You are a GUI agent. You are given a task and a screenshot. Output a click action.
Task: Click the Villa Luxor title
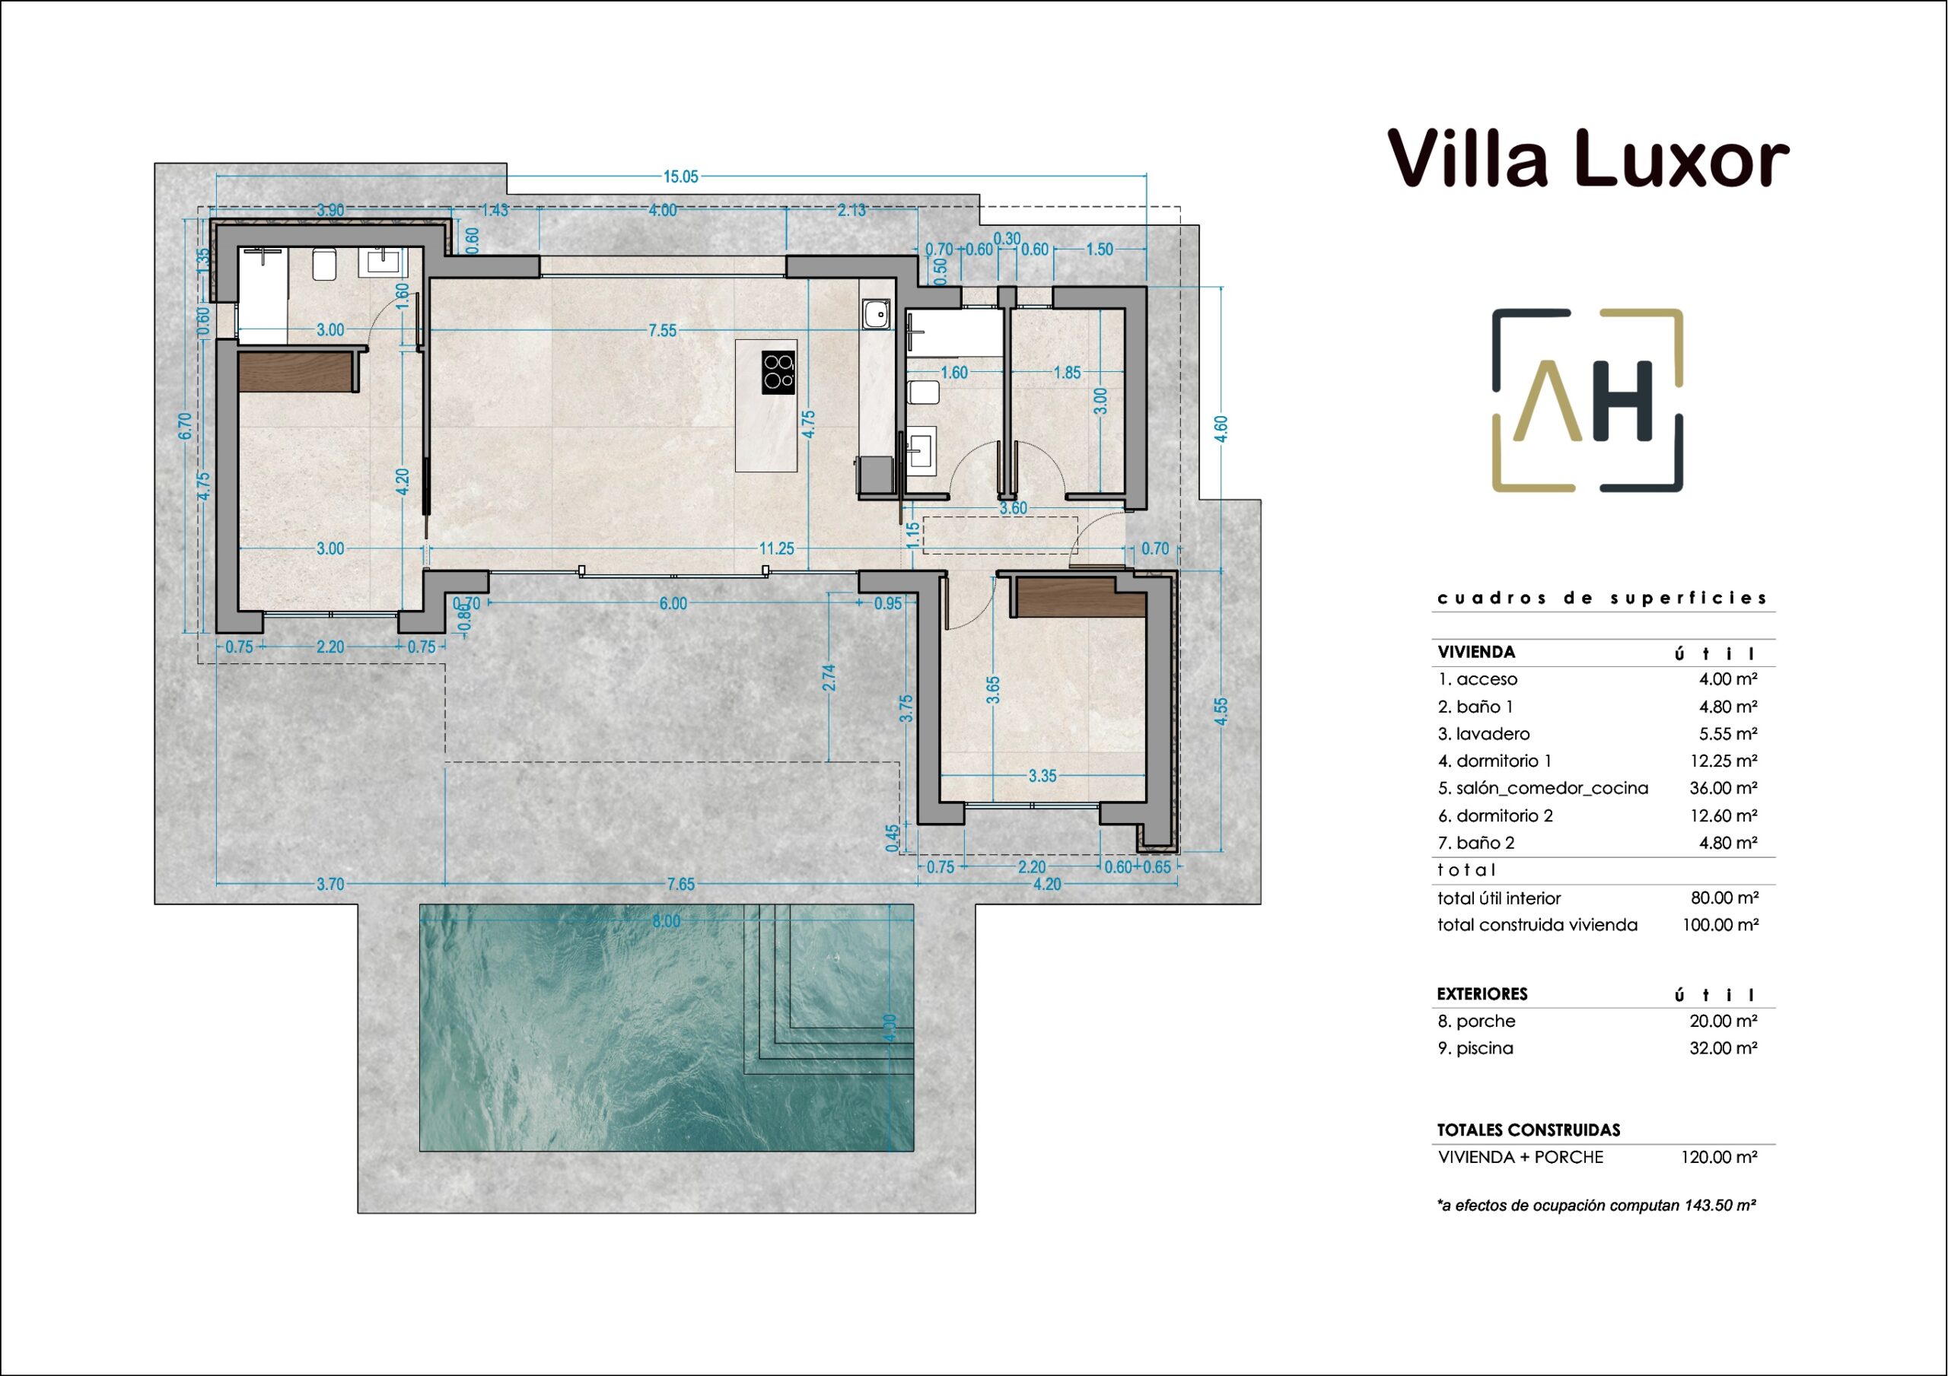pos(1588,159)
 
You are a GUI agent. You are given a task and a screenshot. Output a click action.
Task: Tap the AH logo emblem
pos(1587,399)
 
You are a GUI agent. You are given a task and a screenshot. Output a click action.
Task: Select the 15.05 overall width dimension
pos(680,176)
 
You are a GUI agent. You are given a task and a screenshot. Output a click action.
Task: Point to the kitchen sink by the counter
pos(877,314)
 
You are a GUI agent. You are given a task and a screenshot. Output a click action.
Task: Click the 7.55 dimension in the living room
pos(663,331)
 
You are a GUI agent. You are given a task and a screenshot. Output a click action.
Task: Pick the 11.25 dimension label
pos(776,549)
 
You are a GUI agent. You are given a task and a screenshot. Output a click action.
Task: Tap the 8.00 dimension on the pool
pos(666,920)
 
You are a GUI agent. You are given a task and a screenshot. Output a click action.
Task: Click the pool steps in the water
pos(829,989)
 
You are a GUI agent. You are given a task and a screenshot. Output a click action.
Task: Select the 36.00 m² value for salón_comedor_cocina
pos(1724,788)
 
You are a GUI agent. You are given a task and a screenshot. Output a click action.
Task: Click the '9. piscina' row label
pos(1475,1048)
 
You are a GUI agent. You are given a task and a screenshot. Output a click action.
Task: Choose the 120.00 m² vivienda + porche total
pos(1719,1157)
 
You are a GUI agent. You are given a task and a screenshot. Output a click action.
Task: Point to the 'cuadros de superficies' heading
pos(1602,598)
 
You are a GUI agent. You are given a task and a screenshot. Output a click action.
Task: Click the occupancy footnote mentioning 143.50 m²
pos(1596,1205)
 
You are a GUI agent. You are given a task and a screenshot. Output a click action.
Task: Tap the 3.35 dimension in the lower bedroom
pos(1042,775)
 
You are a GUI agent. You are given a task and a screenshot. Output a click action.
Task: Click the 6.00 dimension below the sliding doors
pos(673,603)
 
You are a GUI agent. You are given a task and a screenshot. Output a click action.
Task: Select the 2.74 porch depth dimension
pos(829,677)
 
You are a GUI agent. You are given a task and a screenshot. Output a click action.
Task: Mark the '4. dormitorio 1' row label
pos(1494,761)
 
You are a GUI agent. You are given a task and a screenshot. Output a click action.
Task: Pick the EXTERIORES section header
pos(1482,993)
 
